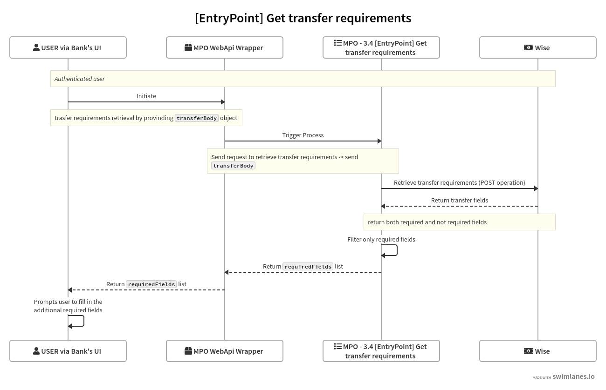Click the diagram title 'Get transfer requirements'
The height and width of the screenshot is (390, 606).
[x=303, y=18]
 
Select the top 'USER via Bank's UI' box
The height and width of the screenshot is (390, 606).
[x=68, y=47]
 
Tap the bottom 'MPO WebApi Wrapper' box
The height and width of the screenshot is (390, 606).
[x=225, y=351]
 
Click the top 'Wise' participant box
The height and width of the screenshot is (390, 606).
[x=538, y=47]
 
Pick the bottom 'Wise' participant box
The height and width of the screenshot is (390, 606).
[x=538, y=351]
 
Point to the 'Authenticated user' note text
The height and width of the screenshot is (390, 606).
[x=80, y=79]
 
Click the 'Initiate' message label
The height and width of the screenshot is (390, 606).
[x=146, y=96]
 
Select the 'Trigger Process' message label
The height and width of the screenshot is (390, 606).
[x=303, y=135]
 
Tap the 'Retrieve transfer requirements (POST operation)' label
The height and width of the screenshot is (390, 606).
[x=460, y=182]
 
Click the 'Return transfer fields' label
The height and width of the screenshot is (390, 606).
[x=460, y=200]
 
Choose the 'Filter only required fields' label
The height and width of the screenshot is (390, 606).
[x=381, y=239]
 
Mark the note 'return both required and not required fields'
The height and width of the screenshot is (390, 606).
[x=427, y=222]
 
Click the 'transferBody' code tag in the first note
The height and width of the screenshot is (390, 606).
[x=197, y=118]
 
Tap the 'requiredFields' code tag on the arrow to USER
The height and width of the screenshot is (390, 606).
[x=151, y=284]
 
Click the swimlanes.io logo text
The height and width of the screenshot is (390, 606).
[x=573, y=377]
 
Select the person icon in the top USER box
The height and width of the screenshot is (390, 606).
[x=36, y=47]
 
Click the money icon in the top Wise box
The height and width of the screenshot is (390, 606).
[x=529, y=47]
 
